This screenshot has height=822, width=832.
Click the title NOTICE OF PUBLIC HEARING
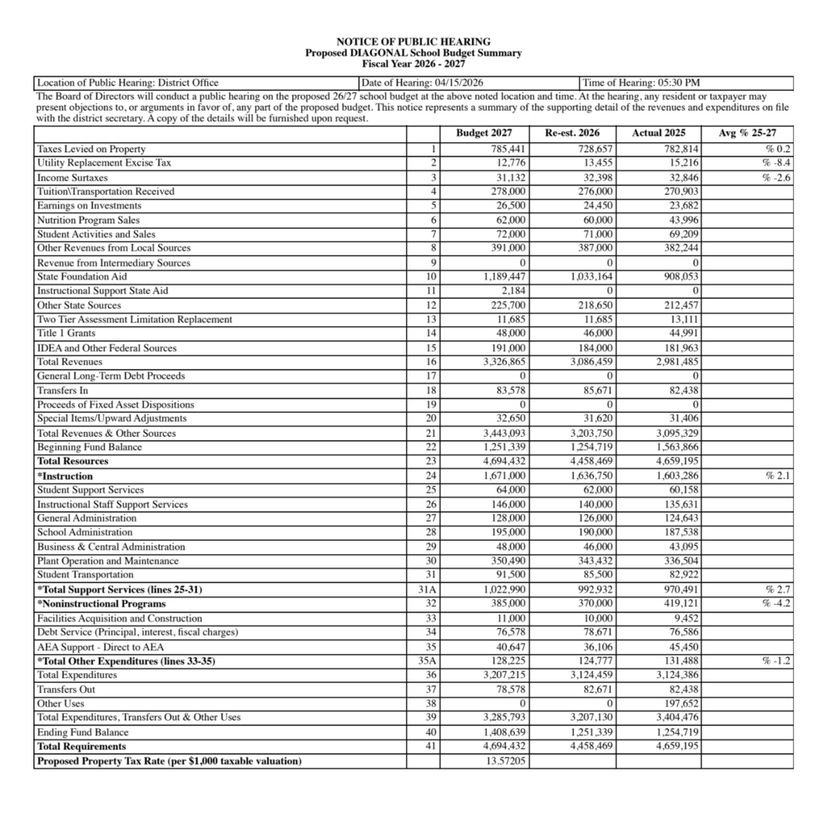tap(413, 42)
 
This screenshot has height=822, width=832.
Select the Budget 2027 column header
tap(483, 133)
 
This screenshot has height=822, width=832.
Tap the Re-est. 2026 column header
tap(572, 133)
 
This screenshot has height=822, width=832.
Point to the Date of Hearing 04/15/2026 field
tap(423, 82)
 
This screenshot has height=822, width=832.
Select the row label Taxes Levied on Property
tap(91, 149)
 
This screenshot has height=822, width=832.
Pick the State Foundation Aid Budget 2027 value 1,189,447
tap(503, 276)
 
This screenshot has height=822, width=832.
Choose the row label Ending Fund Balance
tap(82, 733)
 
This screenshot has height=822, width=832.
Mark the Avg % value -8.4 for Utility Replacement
tap(777, 163)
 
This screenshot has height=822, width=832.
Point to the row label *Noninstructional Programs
tap(101, 604)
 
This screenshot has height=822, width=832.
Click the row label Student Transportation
tap(85, 575)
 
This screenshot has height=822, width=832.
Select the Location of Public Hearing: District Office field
tap(128, 82)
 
